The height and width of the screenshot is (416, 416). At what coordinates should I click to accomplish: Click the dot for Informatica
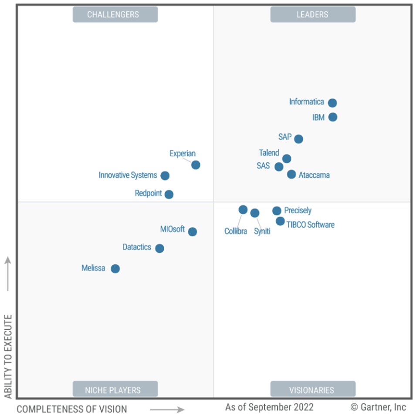coord(332,103)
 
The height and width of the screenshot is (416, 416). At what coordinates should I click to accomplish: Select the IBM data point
coord(333,117)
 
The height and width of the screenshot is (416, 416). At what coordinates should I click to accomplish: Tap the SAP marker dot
coord(298,139)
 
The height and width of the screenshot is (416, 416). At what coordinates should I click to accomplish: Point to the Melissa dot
coord(115,269)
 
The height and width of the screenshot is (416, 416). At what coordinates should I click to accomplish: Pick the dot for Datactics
coord(159,248)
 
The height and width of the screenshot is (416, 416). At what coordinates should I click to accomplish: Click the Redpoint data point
coord(169,195)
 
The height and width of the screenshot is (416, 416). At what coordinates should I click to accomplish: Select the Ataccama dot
coord(291,174)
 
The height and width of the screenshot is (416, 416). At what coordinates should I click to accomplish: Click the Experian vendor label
coord(183,154)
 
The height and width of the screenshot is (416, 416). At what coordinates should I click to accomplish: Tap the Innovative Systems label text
coord(128,175)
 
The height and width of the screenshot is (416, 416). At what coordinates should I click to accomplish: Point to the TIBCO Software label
coord(311,225)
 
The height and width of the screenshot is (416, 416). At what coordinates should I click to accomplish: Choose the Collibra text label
coord(236,231)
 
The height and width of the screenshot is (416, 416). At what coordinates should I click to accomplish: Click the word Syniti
coord(262,231)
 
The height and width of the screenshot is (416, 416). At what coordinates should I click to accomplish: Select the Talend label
coord(269,153)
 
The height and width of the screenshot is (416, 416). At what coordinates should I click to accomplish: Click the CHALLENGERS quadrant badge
coord(115,15)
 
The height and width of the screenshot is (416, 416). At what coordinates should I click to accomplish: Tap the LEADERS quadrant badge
coord(312,15)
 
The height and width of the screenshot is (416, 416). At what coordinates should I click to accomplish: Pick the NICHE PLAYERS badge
coord(115,389)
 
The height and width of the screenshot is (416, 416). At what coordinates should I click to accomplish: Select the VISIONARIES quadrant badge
coord(312,389)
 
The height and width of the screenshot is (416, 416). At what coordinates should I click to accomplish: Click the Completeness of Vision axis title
coord(72,409)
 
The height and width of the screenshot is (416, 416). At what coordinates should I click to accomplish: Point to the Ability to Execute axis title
coord(8,357)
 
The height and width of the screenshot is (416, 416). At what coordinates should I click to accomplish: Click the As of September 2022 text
coord(269,408)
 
